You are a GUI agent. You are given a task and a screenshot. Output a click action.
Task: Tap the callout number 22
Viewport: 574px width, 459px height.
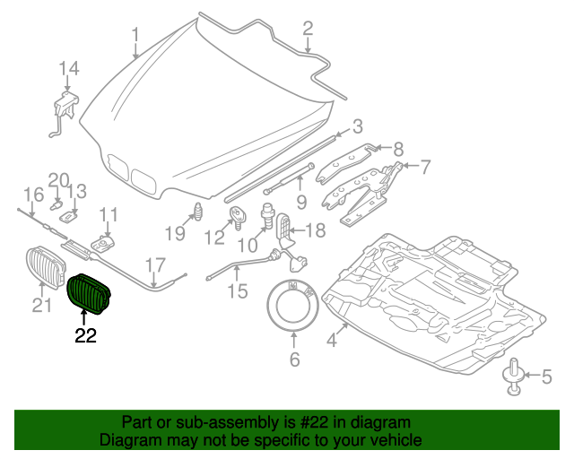(85, 336)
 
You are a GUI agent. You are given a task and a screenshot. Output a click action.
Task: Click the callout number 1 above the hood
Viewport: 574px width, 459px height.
(135, 35)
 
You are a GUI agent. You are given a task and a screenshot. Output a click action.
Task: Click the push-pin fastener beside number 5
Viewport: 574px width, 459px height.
(515, 376)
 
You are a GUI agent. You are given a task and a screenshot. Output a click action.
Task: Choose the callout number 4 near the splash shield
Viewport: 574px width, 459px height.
(332, 340)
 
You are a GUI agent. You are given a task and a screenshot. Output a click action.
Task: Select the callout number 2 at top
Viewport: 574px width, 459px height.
(308, 29)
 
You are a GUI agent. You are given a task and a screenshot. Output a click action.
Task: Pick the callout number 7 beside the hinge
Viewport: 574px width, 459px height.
(425, 166)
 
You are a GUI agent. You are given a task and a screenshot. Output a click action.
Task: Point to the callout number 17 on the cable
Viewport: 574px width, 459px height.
(155, 264)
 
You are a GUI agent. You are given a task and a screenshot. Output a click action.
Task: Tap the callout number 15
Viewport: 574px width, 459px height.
(236, 291)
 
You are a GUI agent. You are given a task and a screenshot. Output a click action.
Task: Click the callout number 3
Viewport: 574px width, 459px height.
(356, 126)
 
